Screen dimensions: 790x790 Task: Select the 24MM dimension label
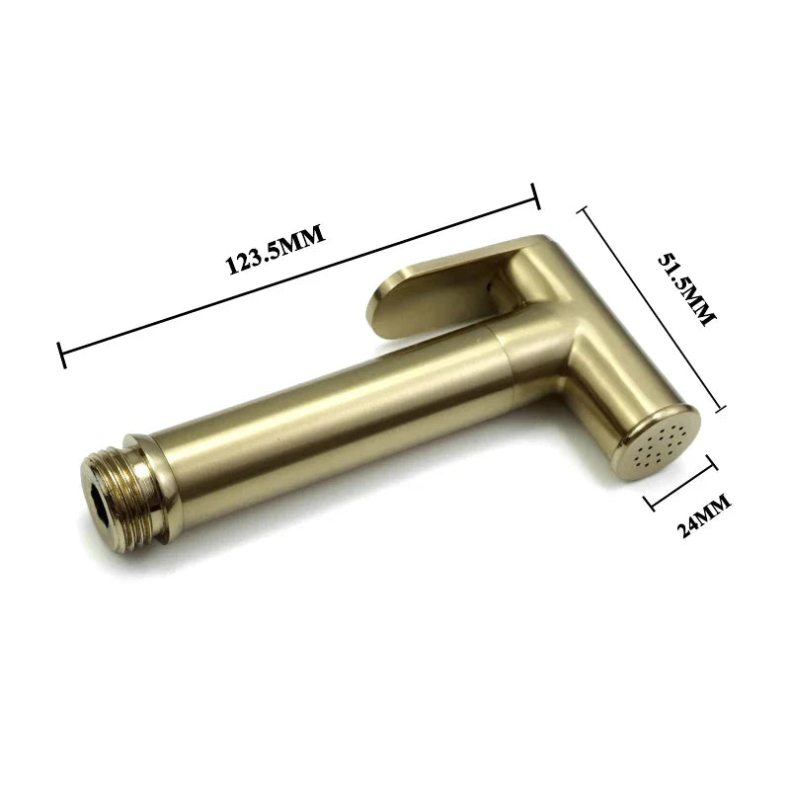[x=703, y=516]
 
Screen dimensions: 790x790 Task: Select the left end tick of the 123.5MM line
[x=61, y=355]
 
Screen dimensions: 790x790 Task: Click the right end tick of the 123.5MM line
[x=536, y=196]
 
